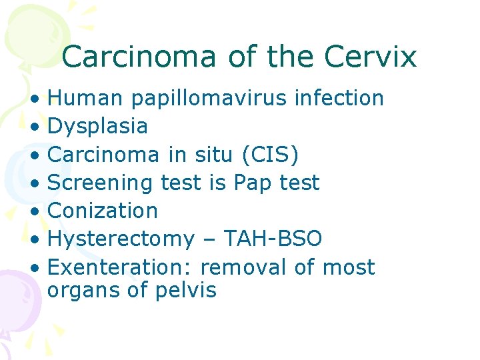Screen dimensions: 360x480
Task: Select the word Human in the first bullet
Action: click(x=86, y=98)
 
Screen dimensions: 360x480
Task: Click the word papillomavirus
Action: click(x=209, y=99)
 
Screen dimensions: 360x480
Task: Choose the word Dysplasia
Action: click(x=98, y=127)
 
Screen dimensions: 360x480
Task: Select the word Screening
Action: click(x=101, y=183)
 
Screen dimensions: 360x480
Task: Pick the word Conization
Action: click(x=103, y=211)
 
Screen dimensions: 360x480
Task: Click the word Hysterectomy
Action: click(x=121, y=239)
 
